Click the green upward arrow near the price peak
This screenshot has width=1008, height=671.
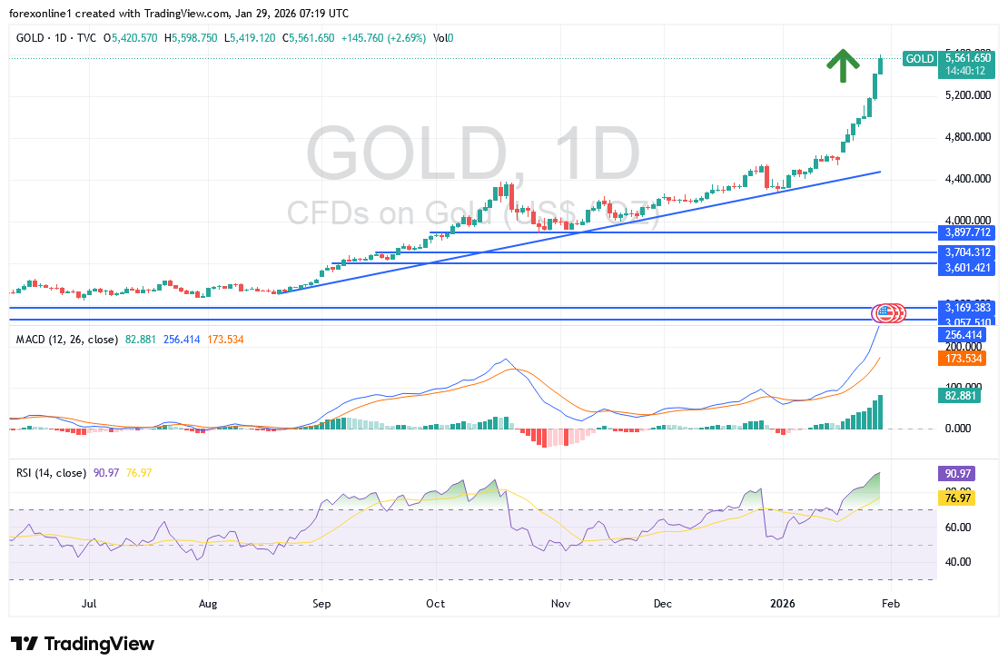coord(843,65)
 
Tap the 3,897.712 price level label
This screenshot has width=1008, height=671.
coord(966,232)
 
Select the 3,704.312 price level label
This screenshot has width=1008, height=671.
coord(966,252)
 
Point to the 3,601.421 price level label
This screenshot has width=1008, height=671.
coord(966,267)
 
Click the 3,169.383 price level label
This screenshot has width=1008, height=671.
coord(966,308)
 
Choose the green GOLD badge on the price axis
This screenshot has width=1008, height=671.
coord(920,59)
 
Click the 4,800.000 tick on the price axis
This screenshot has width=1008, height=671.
coord(965,137)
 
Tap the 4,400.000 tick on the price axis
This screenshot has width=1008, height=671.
coord(965,179)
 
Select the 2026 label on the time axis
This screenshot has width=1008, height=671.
coord(782,602)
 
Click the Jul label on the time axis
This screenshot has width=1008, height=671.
coord(89,602)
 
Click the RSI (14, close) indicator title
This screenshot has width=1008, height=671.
coord(52,473)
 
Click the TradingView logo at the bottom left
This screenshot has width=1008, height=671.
coord(84,644)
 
